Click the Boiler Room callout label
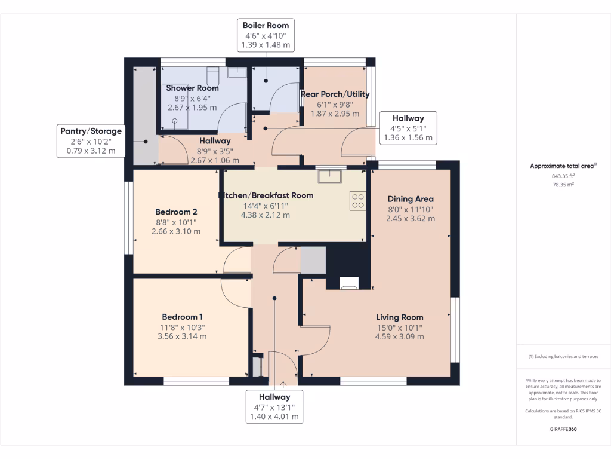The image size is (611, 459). (266, 26)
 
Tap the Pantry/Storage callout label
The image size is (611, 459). (91, 131)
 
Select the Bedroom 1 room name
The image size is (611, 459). (183, 317)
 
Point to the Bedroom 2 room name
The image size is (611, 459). (176, 212)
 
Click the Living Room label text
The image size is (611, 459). (399, 317)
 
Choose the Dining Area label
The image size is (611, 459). (411, 199)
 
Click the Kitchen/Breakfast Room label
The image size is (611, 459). (266, 195)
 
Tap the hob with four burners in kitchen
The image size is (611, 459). (358, 200)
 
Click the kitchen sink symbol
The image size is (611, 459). (329, 176)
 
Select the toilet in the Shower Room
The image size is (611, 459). (212, 76)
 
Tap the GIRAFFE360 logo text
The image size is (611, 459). (563, 429)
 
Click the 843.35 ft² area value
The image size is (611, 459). (563, 176)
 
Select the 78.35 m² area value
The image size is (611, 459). (563, 185)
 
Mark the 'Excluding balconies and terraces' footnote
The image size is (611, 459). (563, 357)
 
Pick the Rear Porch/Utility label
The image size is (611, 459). (335, 94)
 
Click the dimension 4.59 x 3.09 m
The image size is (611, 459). (399, 336)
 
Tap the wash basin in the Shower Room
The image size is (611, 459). (237, 72)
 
